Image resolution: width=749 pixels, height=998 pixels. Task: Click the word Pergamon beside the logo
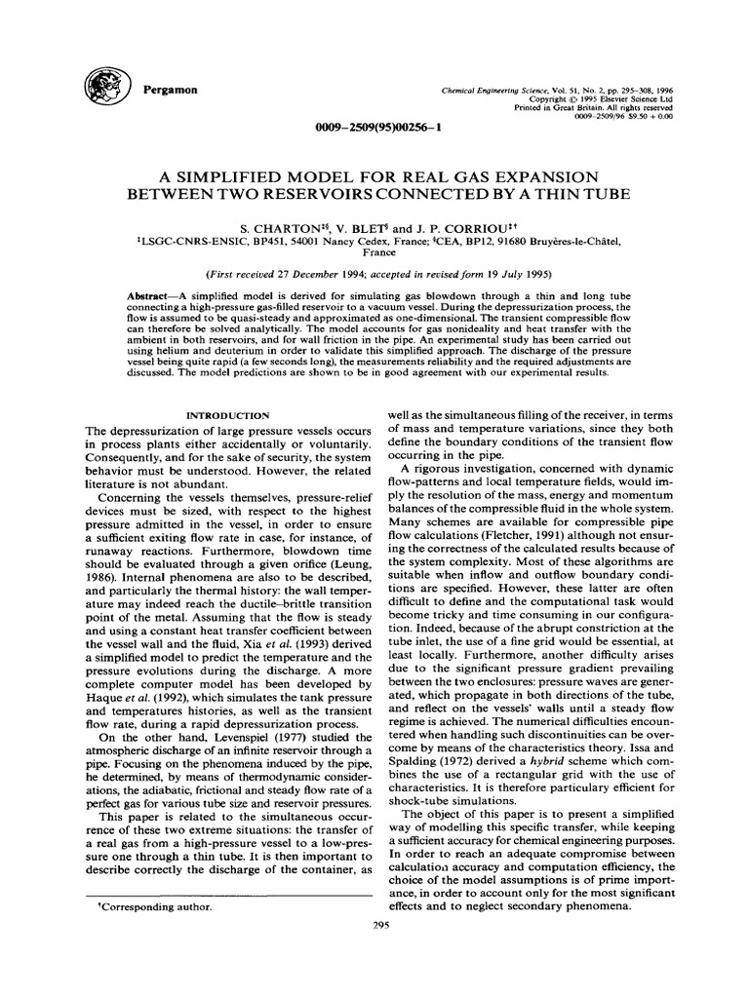(x=171, y=90)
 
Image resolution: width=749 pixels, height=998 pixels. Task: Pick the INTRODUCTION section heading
(x=228, y=414)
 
